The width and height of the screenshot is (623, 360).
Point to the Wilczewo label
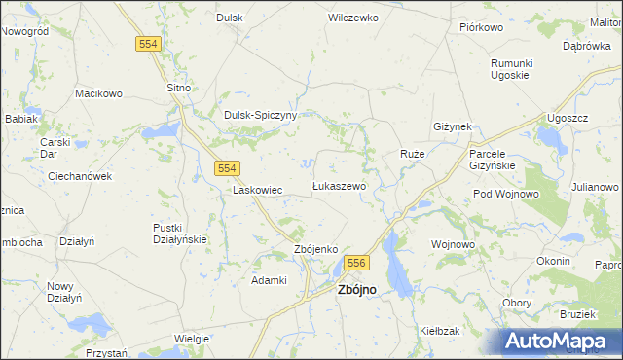(352, 18)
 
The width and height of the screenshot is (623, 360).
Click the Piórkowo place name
(480, 27)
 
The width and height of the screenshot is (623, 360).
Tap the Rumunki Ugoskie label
(509, 69)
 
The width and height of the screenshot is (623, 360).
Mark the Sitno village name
(178, 88)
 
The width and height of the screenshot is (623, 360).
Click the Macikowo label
(98, 93)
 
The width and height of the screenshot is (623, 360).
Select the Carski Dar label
(54, 148)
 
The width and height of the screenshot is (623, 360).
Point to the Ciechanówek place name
(81, 176)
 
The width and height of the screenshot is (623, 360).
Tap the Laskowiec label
(257, 190)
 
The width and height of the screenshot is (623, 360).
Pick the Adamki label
(269, 280)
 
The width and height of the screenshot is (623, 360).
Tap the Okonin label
(553, 261)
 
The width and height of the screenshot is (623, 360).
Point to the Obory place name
(516, 303)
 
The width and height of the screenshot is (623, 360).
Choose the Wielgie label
(192, 338)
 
